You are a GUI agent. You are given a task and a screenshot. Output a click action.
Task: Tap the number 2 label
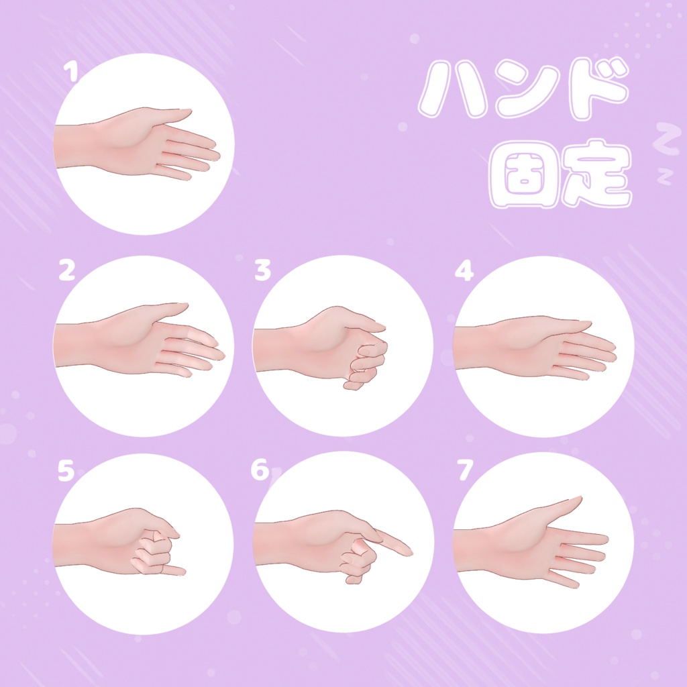coord(66,270)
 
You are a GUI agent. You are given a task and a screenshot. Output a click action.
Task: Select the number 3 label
coord(262,270)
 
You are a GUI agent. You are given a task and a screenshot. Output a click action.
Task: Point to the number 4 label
coord(464,270)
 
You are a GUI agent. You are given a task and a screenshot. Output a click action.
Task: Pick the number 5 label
coord(65,471)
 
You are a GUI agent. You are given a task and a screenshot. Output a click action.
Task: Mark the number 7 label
coord(464,471)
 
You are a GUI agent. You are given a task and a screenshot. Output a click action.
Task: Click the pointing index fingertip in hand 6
coord(408,552)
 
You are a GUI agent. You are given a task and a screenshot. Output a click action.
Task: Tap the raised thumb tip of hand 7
coord(579,498)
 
